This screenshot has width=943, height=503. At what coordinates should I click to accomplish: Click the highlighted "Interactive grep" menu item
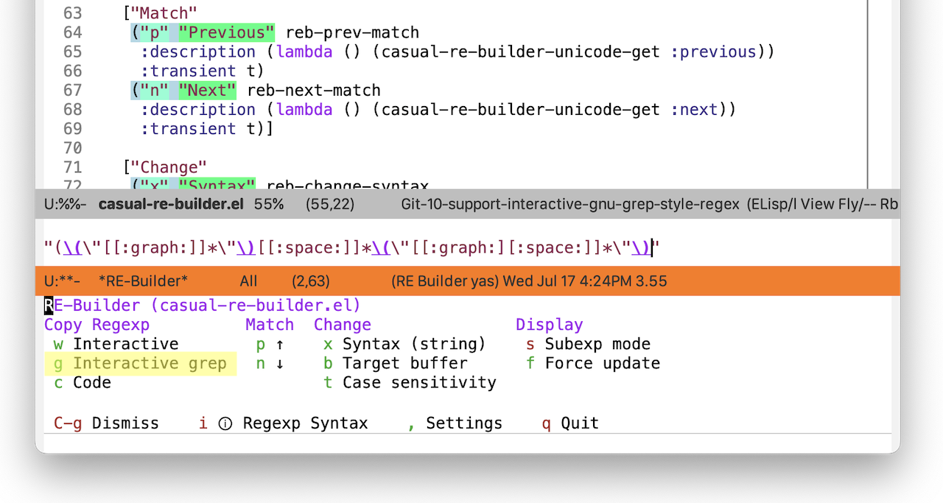point(150,363)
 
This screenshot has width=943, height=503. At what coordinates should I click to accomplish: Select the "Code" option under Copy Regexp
point(92,383)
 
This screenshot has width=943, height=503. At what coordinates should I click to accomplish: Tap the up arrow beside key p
point(280,345)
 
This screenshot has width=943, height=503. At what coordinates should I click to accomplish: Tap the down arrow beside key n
point(280,364)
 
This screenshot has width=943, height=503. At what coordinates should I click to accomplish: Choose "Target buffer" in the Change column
point(404,363)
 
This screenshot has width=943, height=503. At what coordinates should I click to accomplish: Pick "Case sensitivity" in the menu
point(419,383)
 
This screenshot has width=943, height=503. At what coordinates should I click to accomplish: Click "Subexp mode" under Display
point(597,344)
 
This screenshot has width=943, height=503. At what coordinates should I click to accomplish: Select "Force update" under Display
point(603,363)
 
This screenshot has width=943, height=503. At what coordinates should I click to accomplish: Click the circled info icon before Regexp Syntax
point(225,423)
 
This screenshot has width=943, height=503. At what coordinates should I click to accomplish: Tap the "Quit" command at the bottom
point(579,423)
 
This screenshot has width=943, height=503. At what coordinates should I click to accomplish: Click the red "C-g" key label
point(68,423)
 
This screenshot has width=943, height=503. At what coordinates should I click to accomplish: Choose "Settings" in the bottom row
point(464,423)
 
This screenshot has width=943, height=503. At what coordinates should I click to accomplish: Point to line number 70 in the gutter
point(72,148)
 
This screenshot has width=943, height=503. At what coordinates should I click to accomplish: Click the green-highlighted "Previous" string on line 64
point(226,32)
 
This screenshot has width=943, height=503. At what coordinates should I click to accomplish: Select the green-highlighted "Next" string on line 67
point(207,90)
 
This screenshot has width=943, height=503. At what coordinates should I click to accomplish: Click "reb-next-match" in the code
point(314,90)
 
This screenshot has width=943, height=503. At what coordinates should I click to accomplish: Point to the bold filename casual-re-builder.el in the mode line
point(171,204)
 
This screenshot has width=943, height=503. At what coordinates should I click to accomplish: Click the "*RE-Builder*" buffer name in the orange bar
point(143,281)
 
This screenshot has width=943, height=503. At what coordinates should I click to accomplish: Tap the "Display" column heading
point(550,325)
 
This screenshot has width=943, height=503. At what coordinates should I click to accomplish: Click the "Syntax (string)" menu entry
point(414,344)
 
